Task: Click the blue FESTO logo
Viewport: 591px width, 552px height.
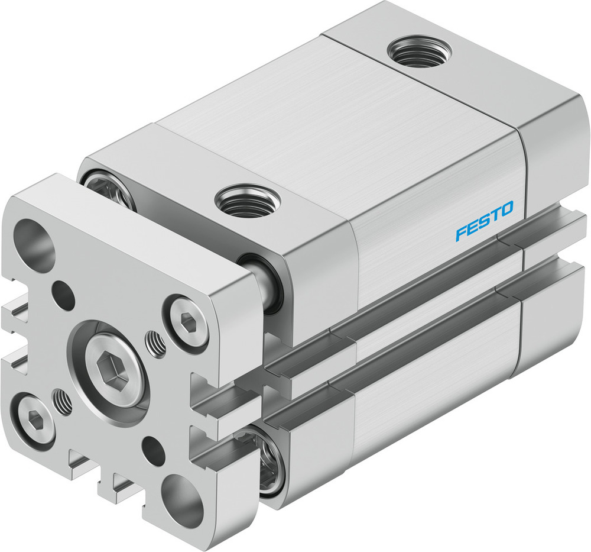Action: tap(484, 221)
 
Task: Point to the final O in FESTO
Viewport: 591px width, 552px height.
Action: tap(506, 208)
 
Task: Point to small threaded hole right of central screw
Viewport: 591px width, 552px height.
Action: tap(155, 344)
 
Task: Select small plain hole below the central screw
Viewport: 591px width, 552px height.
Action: tap(154, 451)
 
